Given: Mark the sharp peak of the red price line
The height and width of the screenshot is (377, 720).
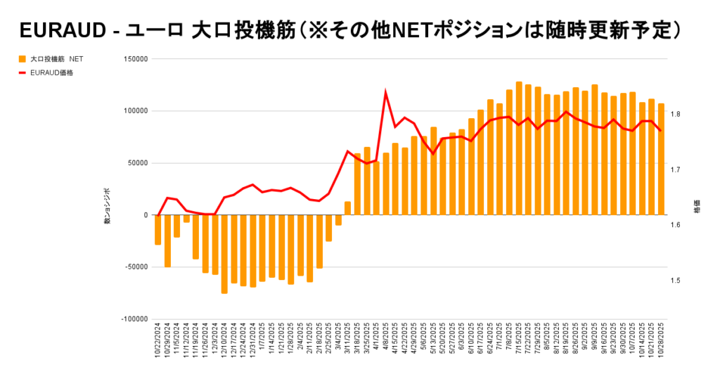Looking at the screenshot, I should click(385, 92).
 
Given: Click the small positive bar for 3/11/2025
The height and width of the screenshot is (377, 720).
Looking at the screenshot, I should click(347, 208).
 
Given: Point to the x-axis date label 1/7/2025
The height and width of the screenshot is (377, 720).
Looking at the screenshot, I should click(262, 344).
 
